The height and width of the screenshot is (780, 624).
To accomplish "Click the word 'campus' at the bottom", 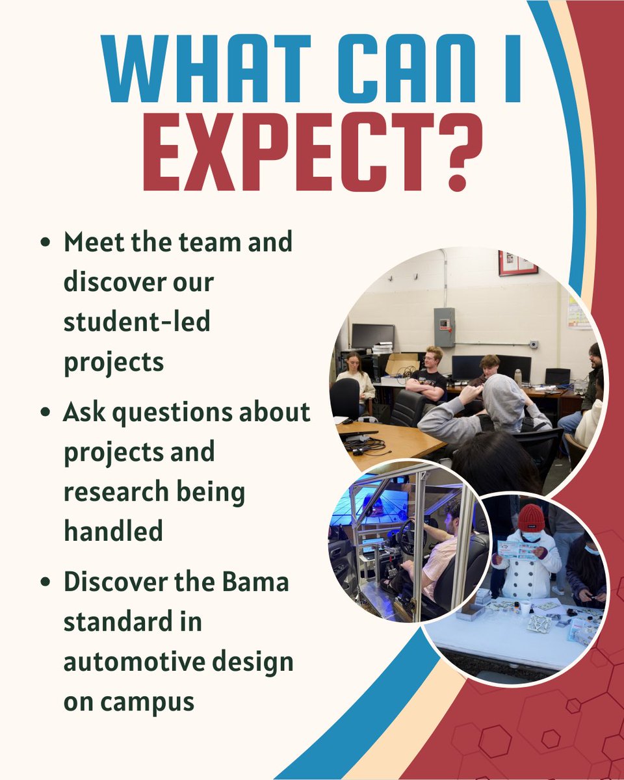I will click(144, 701).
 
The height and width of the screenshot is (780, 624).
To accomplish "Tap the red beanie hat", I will click(531, 518).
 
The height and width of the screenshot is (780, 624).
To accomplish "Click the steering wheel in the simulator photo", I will click(406, 537).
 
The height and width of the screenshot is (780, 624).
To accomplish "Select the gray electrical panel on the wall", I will click(444, 327).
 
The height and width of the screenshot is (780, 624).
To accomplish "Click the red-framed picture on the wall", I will click(518, 263).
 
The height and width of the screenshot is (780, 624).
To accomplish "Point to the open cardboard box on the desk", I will click(402, 364).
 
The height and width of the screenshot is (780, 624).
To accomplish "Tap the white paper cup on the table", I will click(524, 608).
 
